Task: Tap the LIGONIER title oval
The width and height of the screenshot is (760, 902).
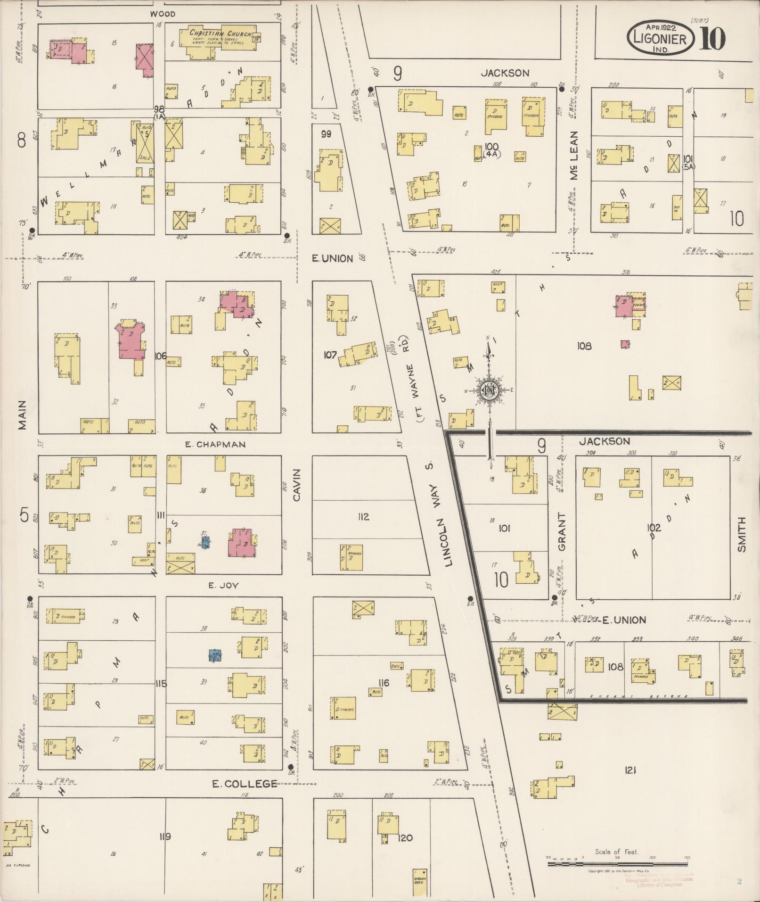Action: tap(661, 39)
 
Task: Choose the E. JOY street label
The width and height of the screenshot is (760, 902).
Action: tap(224, 586)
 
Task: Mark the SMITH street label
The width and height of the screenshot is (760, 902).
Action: tap(742, 534)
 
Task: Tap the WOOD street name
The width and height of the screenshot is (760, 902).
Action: tap(163, 14)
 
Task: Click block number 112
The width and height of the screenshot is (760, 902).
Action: tap(363, 517)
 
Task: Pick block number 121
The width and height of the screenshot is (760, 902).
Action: tap(631, 770)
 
